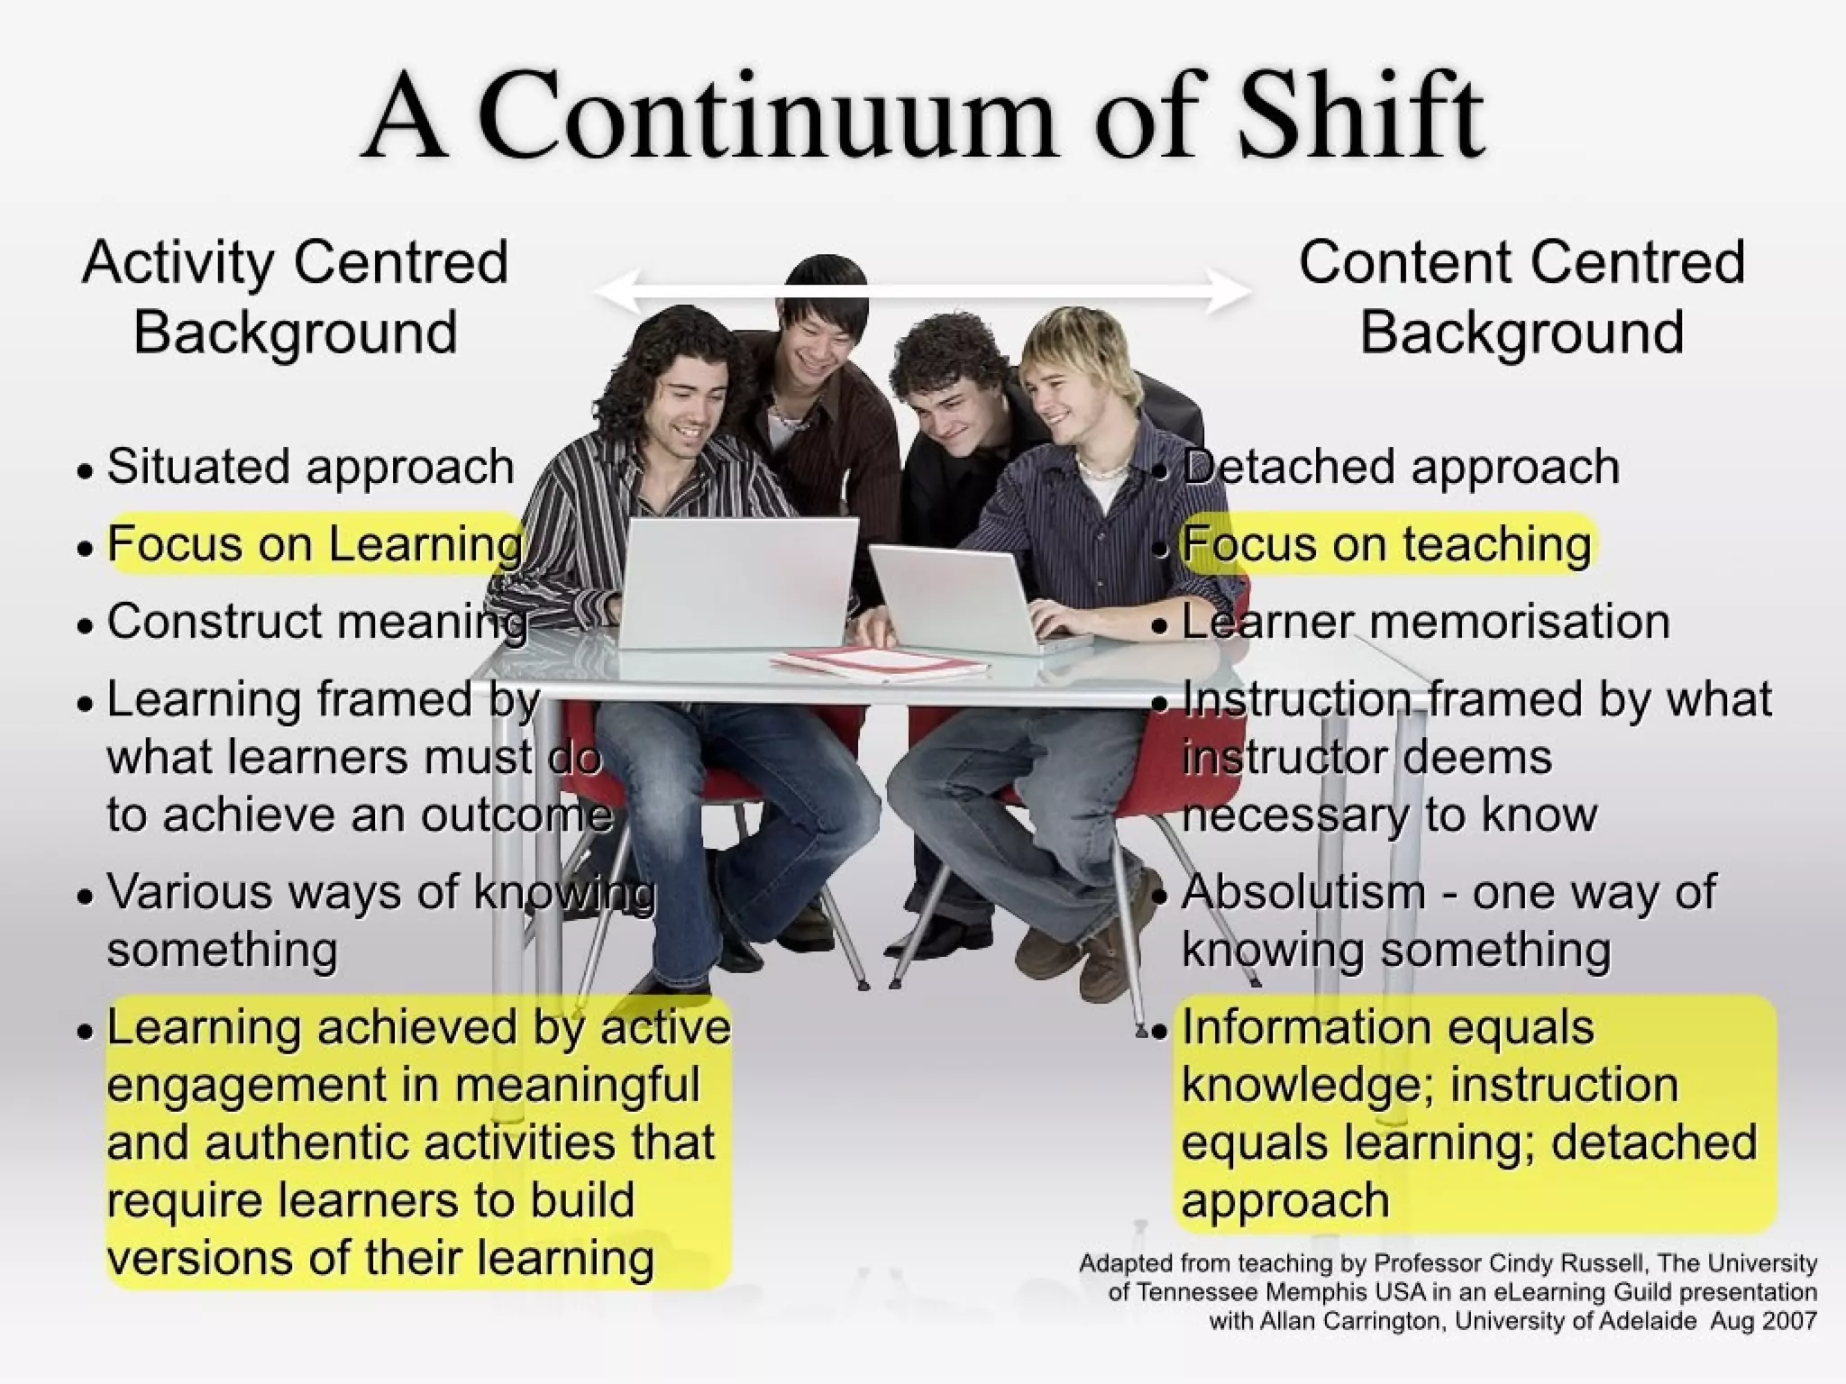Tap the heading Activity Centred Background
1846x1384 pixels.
click(296, 297)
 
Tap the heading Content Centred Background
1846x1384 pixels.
click(1522, 297)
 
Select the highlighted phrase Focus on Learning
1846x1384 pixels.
click(315, 544)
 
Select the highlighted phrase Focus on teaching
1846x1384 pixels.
click(1386, 544)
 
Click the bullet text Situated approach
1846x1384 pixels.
click(310, 467)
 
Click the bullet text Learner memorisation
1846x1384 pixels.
click(1424, 622)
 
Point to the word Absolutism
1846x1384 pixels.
click(1303, 892)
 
